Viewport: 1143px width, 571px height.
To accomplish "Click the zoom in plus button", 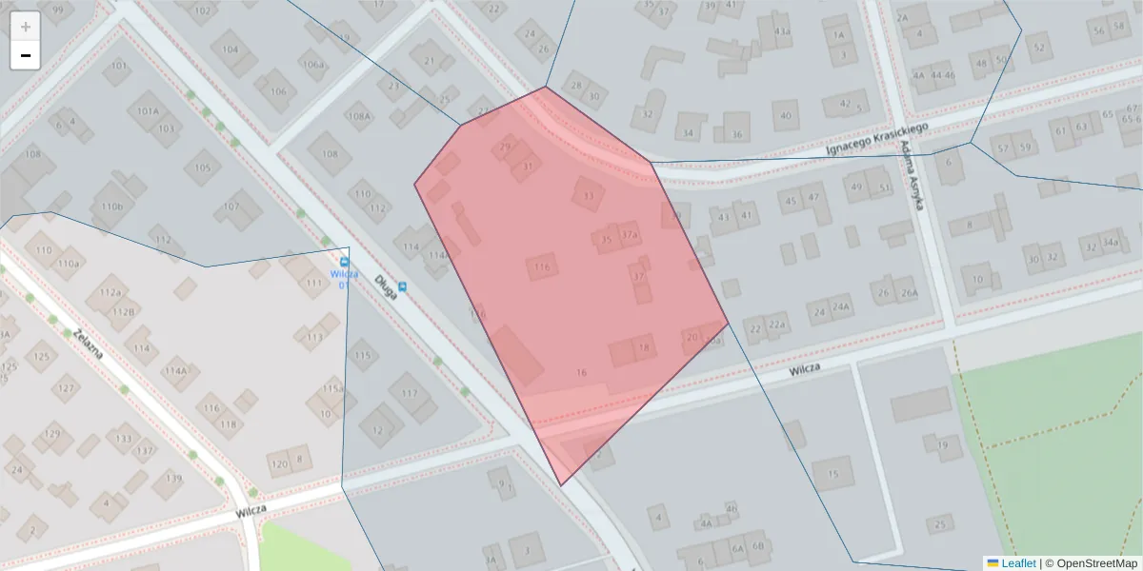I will tap(25, 27).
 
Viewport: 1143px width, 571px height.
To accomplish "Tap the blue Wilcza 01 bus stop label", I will tap(344, 279).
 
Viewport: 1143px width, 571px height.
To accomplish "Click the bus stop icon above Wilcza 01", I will tap(344, 262).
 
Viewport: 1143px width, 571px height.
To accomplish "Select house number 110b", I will tap(111, 206).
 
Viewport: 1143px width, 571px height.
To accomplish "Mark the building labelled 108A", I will tap(359, 117).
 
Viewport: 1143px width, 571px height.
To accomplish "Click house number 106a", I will tap(312, 65).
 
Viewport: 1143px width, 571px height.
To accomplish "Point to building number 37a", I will tap(629, 234).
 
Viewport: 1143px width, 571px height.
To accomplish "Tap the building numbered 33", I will tap(588, 196).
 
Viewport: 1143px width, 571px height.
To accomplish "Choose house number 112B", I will tap(122, 311).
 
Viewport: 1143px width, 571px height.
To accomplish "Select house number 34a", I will tap(1110, 243).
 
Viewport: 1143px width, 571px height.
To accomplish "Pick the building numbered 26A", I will tap(909, 292).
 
